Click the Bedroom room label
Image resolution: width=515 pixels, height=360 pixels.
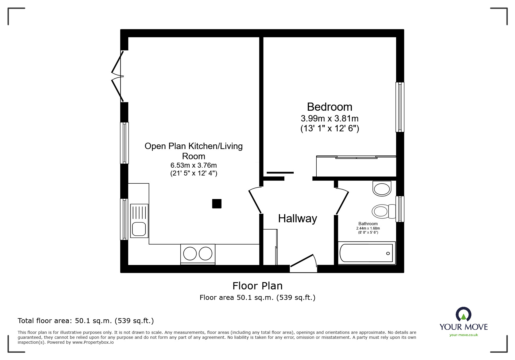[x=329, y=107]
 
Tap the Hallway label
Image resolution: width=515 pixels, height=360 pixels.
[x=297, y=218]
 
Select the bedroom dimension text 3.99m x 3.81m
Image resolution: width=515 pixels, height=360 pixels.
[x=329, y=119]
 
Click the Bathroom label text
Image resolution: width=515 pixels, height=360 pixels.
[x=368, y=224]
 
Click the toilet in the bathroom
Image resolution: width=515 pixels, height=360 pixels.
[x=383, y=211]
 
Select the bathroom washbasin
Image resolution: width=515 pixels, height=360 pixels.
[x=382, y=189]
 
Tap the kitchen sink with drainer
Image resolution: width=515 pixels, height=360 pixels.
[x=139, y=220]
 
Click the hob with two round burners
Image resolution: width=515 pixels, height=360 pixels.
[x=198, y=254]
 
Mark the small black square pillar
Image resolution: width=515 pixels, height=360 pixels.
[x=217, y=204]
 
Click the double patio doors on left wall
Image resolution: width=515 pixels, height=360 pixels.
[x=118, y=76]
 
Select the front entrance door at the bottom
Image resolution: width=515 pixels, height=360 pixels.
[x=303, y=263]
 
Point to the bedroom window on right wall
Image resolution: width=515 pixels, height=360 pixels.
[x=400, y=107]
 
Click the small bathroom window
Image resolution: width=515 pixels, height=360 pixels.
[x=400, y=209]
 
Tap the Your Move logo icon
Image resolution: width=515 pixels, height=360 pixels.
[x=463, y=315]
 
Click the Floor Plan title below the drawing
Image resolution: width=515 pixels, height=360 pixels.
[x=257, y=286]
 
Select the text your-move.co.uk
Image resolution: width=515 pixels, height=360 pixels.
[x=464, y=335]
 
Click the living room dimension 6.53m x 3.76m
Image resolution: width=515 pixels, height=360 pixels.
[x=193, y=165]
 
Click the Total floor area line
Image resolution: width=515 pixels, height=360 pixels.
[x=86, y=321]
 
